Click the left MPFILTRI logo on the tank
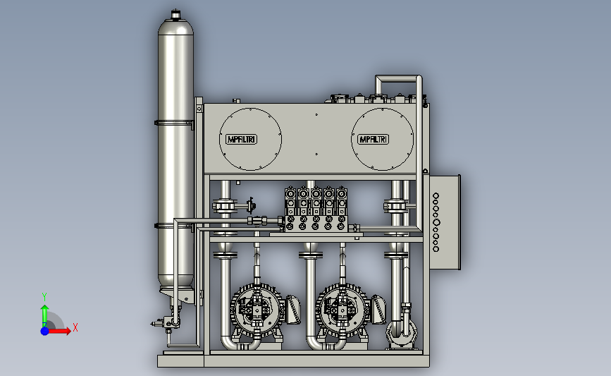click(x=241, y=139)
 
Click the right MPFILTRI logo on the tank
click(x=374, y=139)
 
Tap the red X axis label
click(x=75, y=327)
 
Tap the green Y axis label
click(x=44, y=297)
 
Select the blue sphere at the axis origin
click(x=45, y=331)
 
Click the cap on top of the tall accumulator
click(x=175, y=14)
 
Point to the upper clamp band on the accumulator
click(x=174, y=123)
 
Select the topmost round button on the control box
click(x=436, y=196)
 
